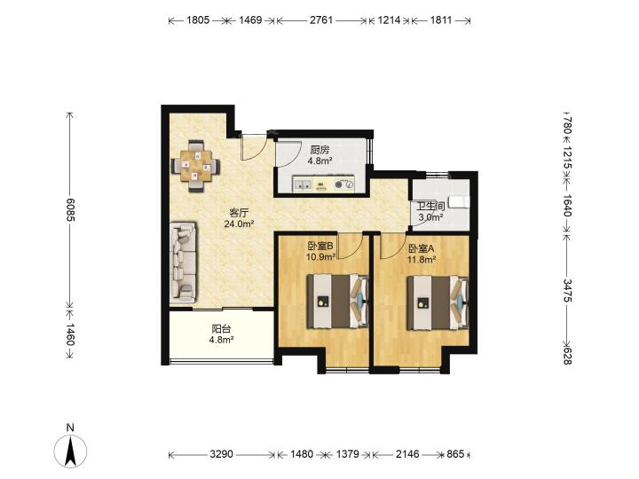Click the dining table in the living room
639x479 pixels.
pos(196,166)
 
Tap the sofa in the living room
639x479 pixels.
pos(183,262)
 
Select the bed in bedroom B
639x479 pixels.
pos(338,302)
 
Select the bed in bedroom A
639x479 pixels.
pos(438,302)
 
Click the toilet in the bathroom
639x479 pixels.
pos(459,201)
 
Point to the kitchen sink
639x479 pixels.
pos(303,185)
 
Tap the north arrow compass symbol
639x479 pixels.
pos(70,451)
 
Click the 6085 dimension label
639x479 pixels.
pos(70,209)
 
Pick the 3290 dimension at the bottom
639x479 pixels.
pos(221,454)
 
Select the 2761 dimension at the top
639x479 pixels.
pos(321,20)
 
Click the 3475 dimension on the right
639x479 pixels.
pos(568,290)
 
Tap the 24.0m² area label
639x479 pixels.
pos(240,224)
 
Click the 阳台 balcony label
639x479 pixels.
pos(221,329)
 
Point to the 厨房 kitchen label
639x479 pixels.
pos(319,150)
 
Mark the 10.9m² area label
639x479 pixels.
pos(320,257)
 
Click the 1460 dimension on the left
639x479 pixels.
pos(70,334)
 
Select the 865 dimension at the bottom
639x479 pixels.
pos(455,454)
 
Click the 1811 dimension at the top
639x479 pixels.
pos(441,20)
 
